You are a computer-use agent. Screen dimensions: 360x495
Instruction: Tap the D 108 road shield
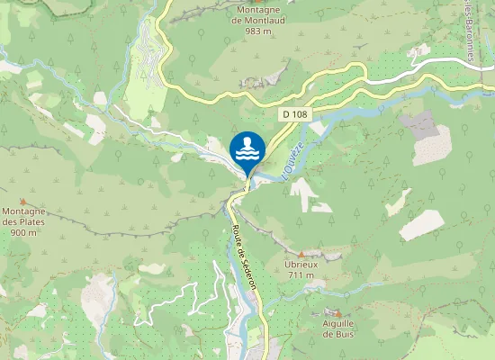(292, 114)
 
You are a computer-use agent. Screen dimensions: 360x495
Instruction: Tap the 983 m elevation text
(257, 31)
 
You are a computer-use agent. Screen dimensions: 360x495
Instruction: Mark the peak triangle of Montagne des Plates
(23, 201)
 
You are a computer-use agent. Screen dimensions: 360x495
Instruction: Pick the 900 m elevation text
(24, 232)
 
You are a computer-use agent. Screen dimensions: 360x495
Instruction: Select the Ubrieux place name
(301, 265)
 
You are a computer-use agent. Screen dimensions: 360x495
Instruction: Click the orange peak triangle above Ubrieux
(301, 254)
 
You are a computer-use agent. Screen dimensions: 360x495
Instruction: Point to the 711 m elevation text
(301, 275)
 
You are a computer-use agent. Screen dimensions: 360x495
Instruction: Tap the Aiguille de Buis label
(338, 328)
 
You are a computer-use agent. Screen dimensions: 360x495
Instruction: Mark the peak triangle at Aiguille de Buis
(338, 312)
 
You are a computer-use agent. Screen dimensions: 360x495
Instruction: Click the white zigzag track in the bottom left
(171, 301)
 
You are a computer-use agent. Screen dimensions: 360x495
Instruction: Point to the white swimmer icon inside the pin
(247, 147)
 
